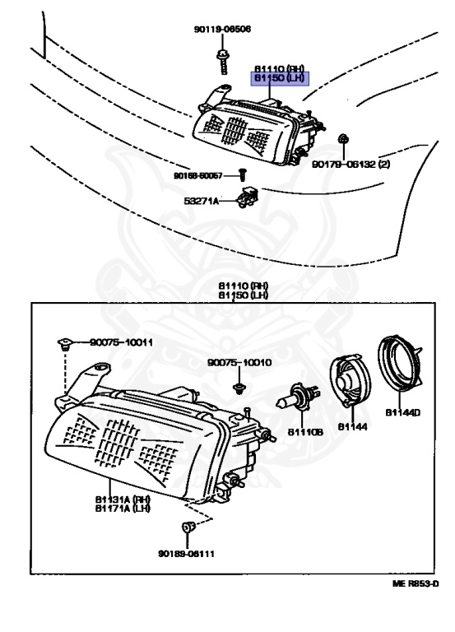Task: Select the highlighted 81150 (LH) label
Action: click(278, 78)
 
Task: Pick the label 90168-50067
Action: click(197, 174)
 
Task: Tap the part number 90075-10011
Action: click(121, 342)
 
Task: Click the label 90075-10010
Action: click(239, 362)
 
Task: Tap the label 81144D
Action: click(403, 411)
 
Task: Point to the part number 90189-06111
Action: click(187, 553)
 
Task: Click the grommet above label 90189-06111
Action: click(187, 527)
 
